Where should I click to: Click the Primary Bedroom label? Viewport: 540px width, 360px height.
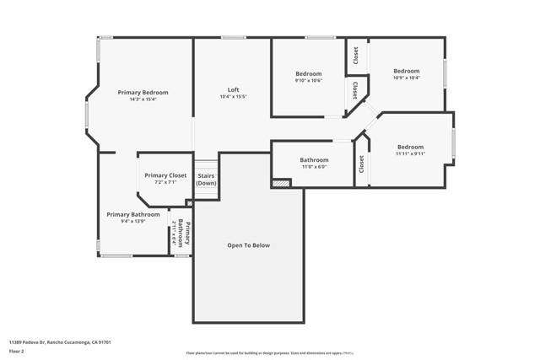pos(143,92)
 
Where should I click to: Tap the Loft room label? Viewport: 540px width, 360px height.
pos(233,89)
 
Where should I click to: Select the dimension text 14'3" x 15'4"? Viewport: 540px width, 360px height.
pos(143,99)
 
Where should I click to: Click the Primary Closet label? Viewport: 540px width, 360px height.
pos(165,175)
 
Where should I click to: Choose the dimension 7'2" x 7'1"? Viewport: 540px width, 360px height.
pos(165,182)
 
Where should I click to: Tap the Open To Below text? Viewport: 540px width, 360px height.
pos(248,245)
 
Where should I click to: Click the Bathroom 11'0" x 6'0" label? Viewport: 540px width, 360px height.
pos(314,160)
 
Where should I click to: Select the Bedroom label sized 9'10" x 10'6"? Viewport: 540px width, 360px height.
pos(308,74)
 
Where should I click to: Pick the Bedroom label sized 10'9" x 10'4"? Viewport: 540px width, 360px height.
pos(406,71)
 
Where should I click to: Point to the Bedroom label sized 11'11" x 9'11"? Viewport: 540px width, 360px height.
pos(410,147)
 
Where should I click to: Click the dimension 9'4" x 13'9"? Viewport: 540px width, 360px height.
pos(132,222)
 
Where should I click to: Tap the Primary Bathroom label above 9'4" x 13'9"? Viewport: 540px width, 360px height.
pos(132,214)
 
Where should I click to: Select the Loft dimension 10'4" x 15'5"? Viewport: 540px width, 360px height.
pos(233,97)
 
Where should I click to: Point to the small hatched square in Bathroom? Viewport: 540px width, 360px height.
pos(280,182)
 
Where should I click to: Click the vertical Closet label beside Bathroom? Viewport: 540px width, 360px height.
pos(361,164)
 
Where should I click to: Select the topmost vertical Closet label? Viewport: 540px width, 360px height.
pos(356,55)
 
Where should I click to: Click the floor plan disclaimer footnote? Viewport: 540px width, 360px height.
pos(269,354)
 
